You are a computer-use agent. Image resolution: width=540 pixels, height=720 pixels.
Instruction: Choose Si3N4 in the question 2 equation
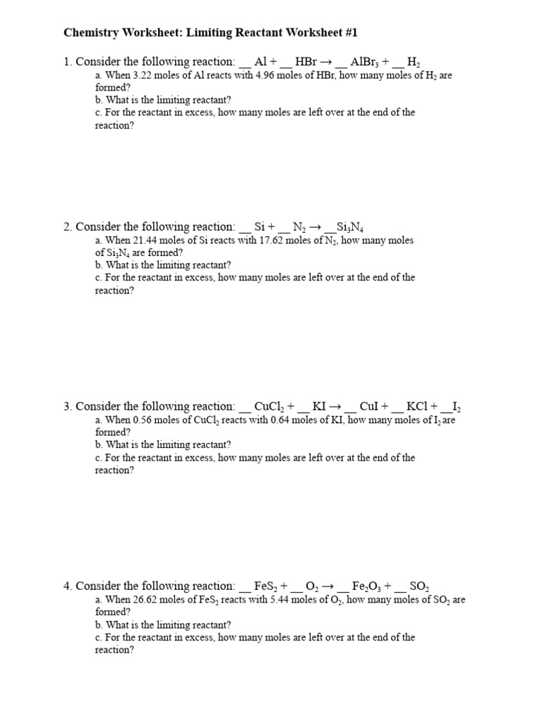coord(349,227)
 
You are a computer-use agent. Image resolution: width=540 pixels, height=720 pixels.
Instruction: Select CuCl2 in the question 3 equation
coord(269,406)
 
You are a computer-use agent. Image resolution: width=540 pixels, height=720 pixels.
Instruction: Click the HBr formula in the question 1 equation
coord(307,62)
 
